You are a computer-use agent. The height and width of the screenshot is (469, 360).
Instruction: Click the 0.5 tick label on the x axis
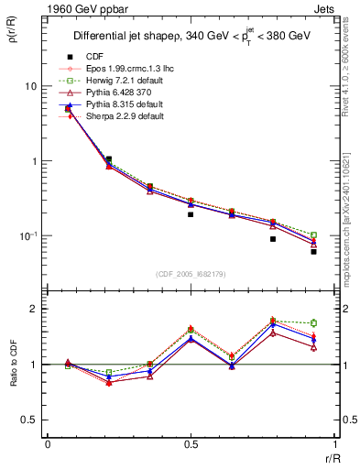[191, 444]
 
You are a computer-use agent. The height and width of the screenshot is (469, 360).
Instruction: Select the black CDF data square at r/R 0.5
[191, 214]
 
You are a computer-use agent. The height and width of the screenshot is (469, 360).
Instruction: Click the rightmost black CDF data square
[313, 251]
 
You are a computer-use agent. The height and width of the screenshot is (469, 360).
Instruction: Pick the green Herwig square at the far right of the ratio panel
[313, 322]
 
